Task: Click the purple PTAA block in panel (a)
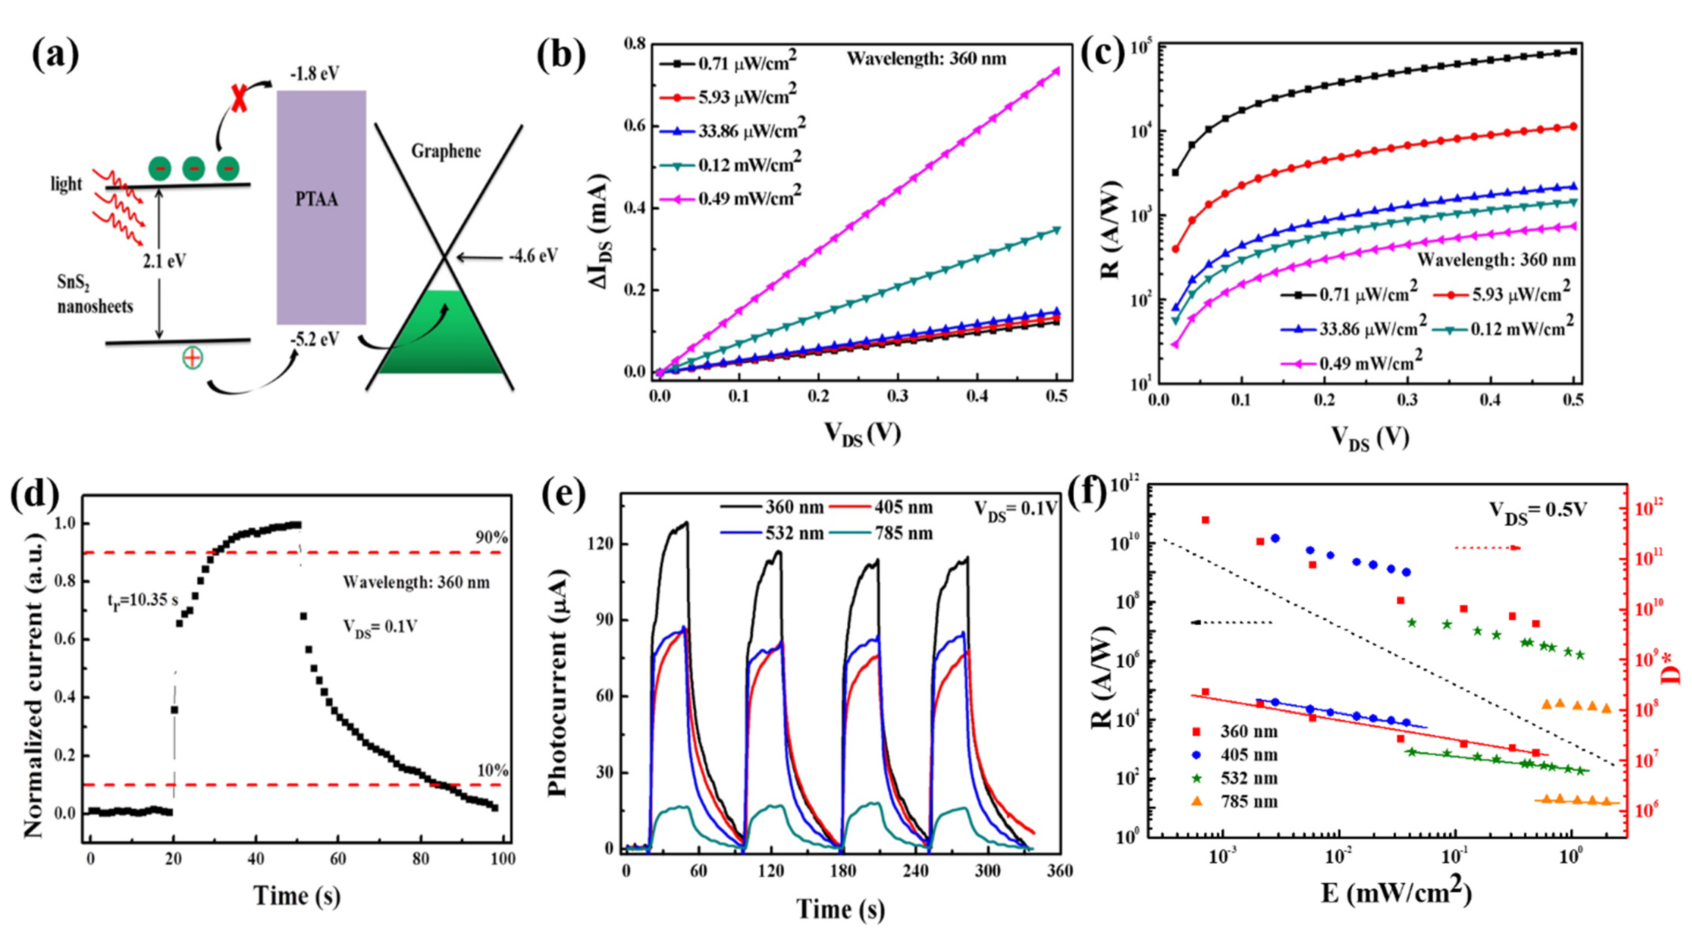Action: coord(321,207)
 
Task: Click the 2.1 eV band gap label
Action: coord(165,262)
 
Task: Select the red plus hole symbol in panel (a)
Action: coord(193,358)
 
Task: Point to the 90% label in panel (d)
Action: coord(492,537)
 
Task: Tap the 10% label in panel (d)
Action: coord(492,770)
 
